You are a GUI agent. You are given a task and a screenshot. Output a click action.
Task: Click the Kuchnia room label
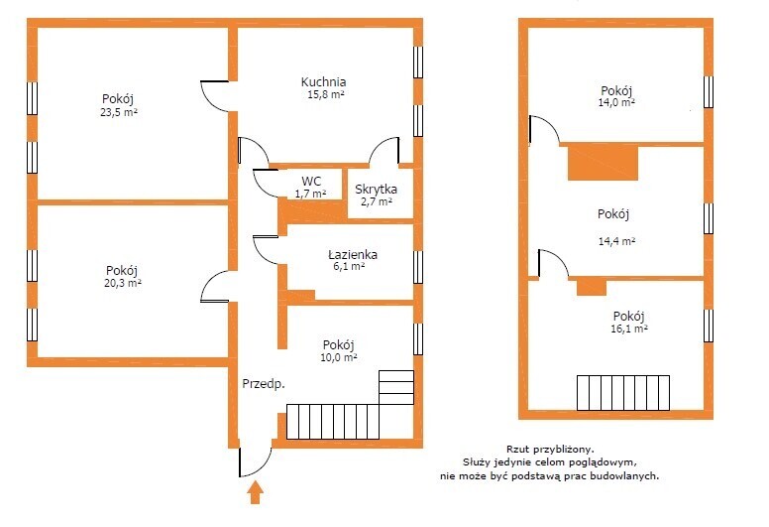coord(323,81)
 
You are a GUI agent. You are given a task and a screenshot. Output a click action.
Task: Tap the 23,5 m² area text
coord(119,112)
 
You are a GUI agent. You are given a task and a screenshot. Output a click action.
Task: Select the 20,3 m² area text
coord(123,283)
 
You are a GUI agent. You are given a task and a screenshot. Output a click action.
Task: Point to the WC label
coord(311,181)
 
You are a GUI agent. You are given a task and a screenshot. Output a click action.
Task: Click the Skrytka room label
coord(377,190)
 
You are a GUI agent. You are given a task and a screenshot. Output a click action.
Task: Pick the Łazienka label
coord(353,254)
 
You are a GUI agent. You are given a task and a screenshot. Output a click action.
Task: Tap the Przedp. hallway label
coord(264,384)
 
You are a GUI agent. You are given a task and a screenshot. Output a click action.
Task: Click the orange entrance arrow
coord(255,492)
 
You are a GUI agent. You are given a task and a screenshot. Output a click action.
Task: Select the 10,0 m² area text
coord(338,357)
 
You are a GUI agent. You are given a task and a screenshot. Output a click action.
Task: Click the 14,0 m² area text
coord(616,102)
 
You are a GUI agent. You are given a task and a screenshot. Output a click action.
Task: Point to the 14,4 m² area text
coord(617,241)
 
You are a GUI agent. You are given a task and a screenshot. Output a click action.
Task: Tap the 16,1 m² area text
coord(629,329)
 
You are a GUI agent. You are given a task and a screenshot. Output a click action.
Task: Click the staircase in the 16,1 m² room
coord(623,393)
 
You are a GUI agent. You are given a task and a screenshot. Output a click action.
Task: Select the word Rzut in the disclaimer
coord(518,449)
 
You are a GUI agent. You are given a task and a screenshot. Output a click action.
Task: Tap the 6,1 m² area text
coord(348,266)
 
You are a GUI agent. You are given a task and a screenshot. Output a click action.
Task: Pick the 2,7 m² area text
coord(377,201)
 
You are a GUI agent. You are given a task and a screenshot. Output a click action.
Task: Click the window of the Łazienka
coord(418,267)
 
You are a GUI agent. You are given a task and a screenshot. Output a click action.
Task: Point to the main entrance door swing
coord(255,461)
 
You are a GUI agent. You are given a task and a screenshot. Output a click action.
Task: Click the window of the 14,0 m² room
coord(709,92)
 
